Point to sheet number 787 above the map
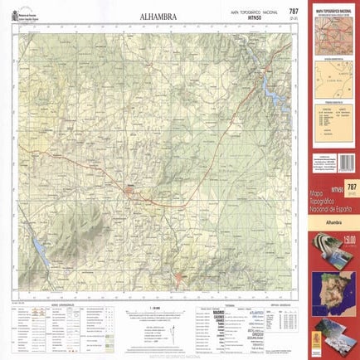pyautogui.click(x=293, y=11)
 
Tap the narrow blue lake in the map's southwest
pyautogui.click(x=39, y=246)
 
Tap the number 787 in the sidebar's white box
pyautogui.click(x=351, y=187)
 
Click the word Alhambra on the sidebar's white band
pyautogui.click(x=334, y=223)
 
